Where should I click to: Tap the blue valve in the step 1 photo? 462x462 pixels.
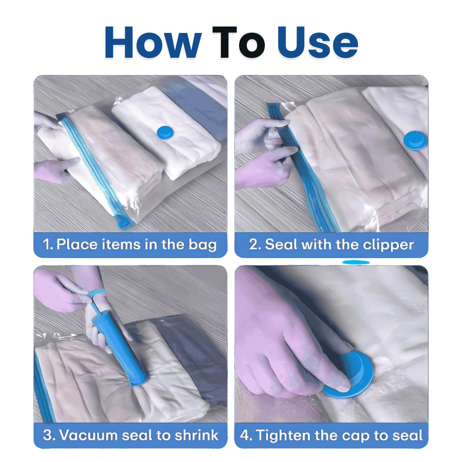(164, 131)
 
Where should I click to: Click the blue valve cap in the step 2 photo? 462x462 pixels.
(415, 140)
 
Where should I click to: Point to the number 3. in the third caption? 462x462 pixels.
(49, 435)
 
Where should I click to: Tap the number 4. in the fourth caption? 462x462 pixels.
(246, 435)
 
